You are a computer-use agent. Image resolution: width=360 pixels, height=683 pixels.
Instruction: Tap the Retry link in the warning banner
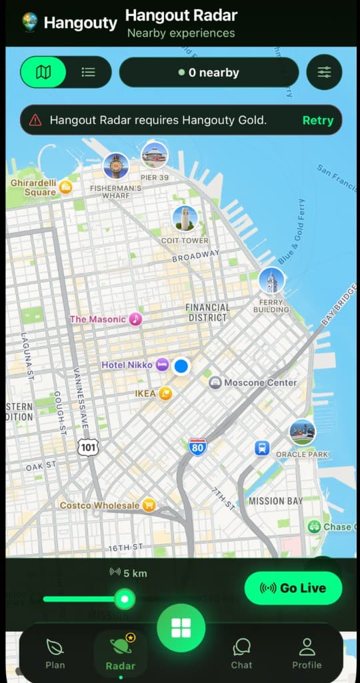(317, 121)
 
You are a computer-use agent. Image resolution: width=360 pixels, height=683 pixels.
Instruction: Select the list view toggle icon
(88, 72)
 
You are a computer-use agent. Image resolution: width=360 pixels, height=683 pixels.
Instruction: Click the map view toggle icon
(43, 72)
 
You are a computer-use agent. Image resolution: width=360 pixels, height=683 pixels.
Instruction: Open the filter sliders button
(324, 72)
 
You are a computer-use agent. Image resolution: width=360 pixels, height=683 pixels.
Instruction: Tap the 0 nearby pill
(209, 73)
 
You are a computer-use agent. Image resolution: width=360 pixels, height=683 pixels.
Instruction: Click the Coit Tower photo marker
(185, 219)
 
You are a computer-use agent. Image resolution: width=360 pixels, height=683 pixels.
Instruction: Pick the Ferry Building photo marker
(271, 281)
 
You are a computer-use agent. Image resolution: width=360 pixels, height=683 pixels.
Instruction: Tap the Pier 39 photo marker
(155, 155)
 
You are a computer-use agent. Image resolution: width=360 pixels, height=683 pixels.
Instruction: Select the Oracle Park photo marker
(302, 432)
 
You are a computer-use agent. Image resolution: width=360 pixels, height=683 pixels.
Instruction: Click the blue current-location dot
(181, 366)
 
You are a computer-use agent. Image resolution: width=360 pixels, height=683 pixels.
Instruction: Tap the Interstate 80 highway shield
(197, 447)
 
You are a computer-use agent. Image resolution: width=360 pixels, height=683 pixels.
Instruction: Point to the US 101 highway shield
(87, 448)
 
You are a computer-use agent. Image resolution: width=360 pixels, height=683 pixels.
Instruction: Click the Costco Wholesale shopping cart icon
(149, 505)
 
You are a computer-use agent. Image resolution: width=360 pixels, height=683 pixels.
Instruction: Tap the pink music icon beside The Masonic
(135, 319)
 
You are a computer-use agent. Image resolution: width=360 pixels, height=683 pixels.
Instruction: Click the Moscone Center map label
(261, 383)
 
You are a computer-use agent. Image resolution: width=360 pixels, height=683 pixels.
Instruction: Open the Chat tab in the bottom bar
(241, 652)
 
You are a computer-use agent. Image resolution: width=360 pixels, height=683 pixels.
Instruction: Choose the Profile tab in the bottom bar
(307, 652)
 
